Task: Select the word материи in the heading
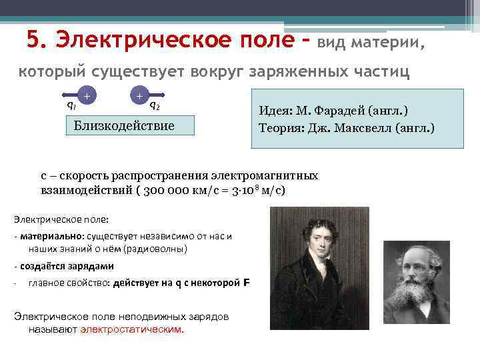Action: [x=386, y=44]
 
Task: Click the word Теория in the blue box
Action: [x=279, y=125]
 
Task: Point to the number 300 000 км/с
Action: [x=178, y=190]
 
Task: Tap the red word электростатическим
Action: [x=131, y=329]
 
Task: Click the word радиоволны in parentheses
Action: [x=160, y=249]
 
